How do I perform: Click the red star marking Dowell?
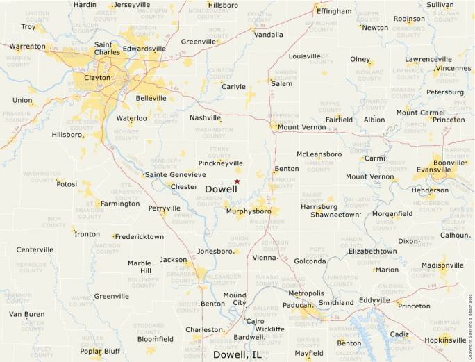(x=237, y=181)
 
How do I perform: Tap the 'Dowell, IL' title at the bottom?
(x=237, y=354)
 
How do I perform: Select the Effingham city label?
(x=334, y=12)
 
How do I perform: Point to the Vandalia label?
(x=269, y=35)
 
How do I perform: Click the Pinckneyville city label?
(x=221, y=163)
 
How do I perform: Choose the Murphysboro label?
(x=249, y=211)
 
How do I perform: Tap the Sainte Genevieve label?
(x=176, y=175)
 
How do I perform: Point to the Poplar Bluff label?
(x=100, y=351)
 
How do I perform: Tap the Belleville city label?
(x=151, y=99)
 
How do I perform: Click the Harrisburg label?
(x=319, y=206)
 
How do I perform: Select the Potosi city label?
(x=67, y=184)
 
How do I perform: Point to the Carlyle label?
(x=233, y=87)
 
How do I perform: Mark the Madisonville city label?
(x=442, y=265)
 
